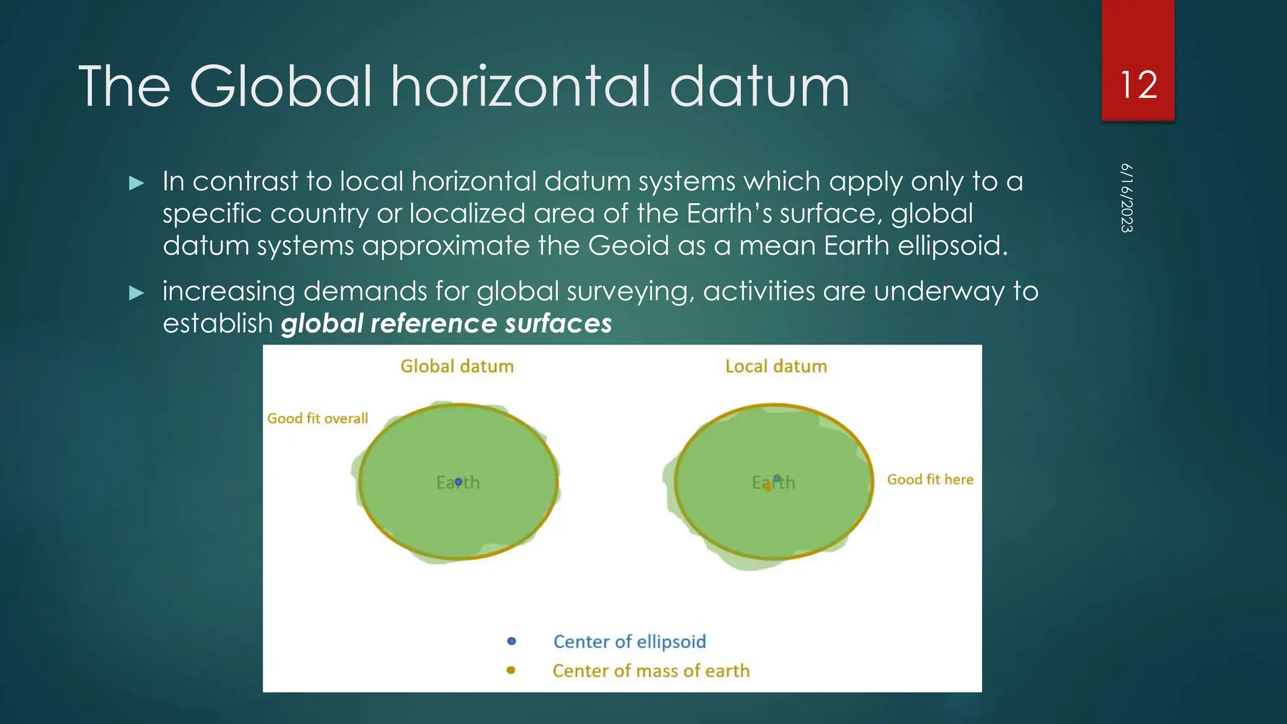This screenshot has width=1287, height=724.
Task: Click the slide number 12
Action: [1138, 85]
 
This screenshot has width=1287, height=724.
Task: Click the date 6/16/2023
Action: [1127, 198]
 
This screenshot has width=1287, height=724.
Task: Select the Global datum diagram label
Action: [457, 366]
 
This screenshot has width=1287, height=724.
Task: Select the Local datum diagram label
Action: [776, 366]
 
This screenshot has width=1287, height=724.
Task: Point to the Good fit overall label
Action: [317, 419]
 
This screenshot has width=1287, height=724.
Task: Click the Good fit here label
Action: [930, 480]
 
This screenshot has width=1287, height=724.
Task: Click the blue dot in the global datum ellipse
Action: [458, 481]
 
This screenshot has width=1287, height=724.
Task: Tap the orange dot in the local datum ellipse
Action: [768, 487]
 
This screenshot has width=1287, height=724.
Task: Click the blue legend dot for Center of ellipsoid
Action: [512, 641]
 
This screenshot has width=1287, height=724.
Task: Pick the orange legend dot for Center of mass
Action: [511, 671]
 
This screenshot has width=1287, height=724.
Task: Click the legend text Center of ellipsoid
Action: [629, 642]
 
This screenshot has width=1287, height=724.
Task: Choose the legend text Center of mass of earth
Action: [651, 671]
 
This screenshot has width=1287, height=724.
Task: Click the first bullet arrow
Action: [136, 184]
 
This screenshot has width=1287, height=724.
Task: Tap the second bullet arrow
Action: [136, 293]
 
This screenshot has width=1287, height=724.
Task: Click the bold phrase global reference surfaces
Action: [446, 324]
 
